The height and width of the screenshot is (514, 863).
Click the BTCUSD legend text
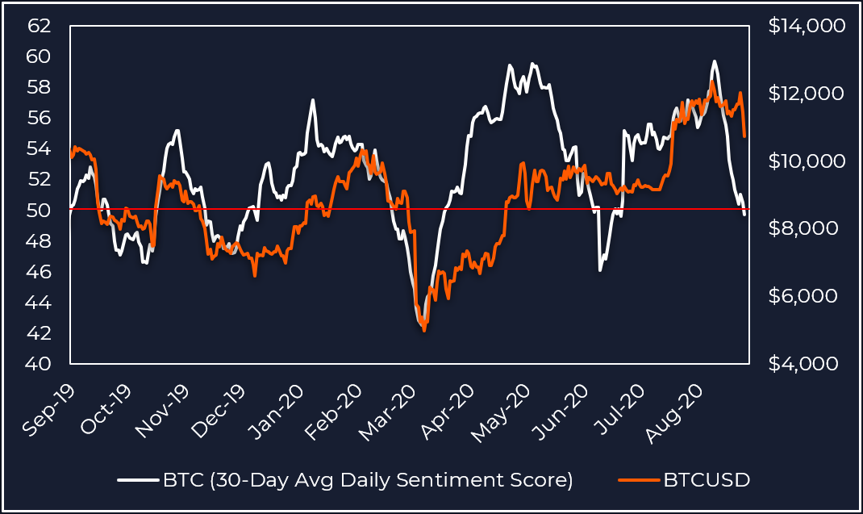pyautogui.click(x=707, y=480)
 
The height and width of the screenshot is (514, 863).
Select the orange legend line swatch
pyautogui.click(x=638, y=480)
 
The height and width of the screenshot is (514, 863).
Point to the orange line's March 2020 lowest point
pyautogui.click(x=424, y=331)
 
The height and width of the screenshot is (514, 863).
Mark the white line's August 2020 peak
pyautogui.click(x=715, y=61)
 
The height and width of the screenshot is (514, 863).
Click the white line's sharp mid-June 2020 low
pyautogui.click(x=600, y=270)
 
